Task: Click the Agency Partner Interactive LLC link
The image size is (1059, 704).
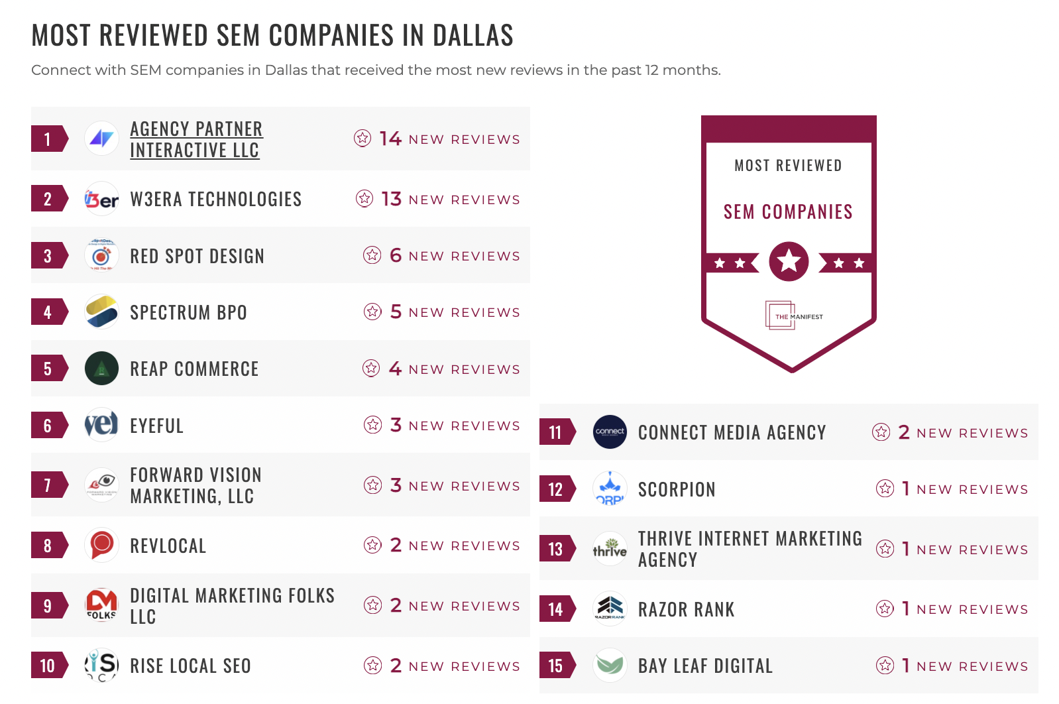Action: pos(196,139)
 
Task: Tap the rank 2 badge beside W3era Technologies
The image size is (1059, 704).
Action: pos(48,199)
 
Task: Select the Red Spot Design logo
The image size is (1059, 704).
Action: pos(101,256)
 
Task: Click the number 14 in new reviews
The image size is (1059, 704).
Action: pos(390,139)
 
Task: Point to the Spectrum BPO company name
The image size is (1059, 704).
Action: pos(188,312)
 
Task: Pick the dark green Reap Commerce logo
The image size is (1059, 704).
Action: pos(101,369)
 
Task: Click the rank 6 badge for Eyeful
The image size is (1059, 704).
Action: pos(48,426)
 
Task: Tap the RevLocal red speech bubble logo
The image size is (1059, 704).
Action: pos(101,545)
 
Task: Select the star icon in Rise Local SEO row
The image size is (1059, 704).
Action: pos(373,665)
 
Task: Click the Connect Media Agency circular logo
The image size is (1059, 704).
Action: pos(610,432)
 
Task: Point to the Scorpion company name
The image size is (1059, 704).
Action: pos(677,489)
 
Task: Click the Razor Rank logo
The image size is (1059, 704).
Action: pos(610,608)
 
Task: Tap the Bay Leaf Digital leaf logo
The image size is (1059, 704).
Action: pos(610,665)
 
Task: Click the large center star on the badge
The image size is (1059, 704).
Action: pos(789,261)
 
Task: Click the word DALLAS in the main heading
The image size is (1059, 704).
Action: pos(473,35)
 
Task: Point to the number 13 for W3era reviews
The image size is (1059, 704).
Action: pos(392,199)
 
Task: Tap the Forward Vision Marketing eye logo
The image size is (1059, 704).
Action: pos(102,484)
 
